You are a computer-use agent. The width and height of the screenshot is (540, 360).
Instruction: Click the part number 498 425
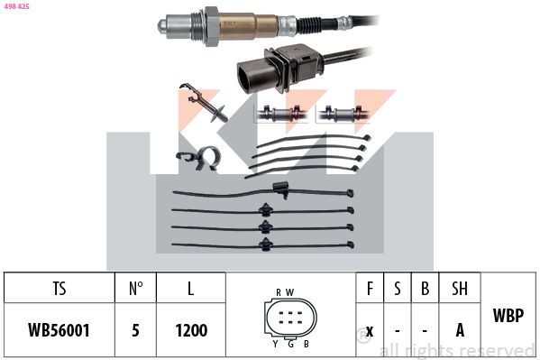tap(16, 6)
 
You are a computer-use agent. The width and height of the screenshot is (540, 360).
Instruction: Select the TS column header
tap(59, 289)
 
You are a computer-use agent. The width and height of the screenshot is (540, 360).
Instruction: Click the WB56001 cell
tap(59, 330)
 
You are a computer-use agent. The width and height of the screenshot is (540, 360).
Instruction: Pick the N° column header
tap(135, 289)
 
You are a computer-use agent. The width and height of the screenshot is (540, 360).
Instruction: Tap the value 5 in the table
tap(135, 330)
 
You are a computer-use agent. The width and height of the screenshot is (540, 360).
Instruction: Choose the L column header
tap(190, 289)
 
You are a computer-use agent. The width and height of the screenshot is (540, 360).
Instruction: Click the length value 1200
tap(190, 330)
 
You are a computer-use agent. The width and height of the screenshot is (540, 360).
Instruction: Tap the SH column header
tap(460, 289)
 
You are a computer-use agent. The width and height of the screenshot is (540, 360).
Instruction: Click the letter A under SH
tap(460, 330)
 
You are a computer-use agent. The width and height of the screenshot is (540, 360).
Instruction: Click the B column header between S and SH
tap(426, 289)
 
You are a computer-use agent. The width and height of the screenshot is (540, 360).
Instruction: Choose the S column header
tap(397, 289)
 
